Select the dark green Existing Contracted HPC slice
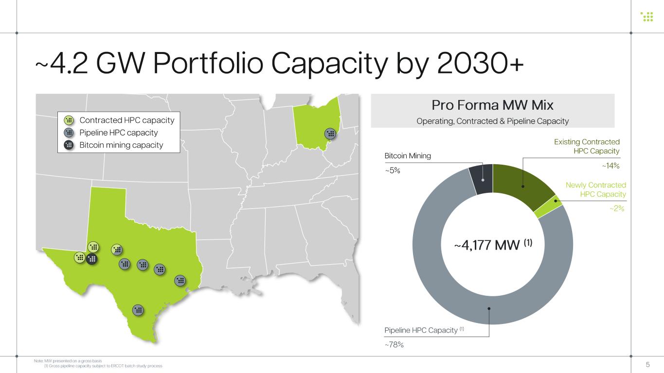[x=521, y=185]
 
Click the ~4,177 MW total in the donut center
[x=493, y=245]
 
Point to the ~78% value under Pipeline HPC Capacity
[x=394, y=344]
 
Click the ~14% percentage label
[x=610, y=166]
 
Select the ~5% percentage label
[x=393, y=170]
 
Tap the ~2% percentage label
[x=617, y=208]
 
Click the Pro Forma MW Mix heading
[x=492, y=105]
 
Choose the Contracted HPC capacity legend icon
[x=69, y=120]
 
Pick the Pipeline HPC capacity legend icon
[x=69, y=133]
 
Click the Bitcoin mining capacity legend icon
[x=69, y=145]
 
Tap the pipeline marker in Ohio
[x=330, y=134]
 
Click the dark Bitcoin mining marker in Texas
[x=92, y=259]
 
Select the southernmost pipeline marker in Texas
[x=138, y=310]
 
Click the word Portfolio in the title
[x=208, y=63]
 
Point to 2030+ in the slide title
[x=480, y=63]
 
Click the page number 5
[x=647, y=364]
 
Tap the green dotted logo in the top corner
[x=647, y=17]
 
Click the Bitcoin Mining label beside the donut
[x=408, y=156]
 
